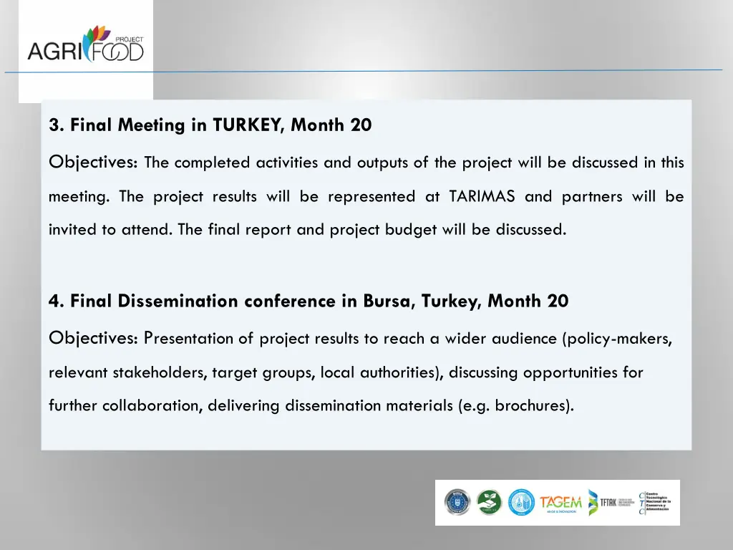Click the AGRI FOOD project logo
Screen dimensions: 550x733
tap(86, 45)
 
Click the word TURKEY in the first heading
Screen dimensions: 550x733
tap(248, 125)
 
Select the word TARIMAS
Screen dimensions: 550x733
tap(482, 196)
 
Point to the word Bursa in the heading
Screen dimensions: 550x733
tap(387, 301)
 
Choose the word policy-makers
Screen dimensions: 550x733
tap(617, 339)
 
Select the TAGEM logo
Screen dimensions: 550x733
tap(560, 503)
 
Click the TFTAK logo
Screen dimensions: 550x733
tap(603, 503)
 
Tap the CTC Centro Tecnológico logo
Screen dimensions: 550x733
tap(654, 502)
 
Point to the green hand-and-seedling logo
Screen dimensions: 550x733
tap(490, 502)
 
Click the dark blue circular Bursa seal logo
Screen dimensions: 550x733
tap(457, 502)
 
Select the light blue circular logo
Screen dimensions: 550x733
tap(521, 502)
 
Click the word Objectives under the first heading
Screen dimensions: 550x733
tap(92, 163)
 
